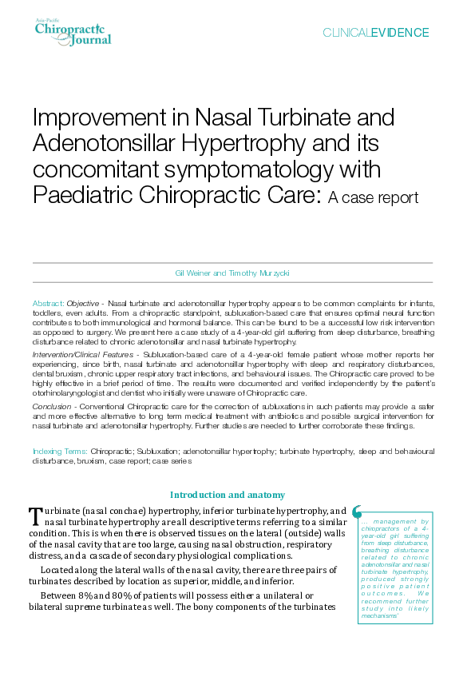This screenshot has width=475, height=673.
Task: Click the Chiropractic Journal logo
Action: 73,32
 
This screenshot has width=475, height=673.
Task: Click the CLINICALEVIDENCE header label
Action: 375,33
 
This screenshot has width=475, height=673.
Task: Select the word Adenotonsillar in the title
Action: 108,144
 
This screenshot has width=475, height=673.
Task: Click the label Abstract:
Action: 48,305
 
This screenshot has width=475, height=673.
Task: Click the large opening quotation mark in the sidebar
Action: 357,511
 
